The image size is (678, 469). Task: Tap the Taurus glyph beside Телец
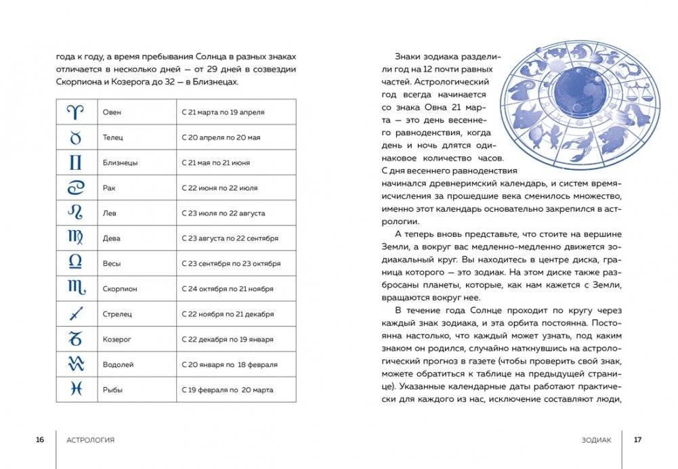[x=76, y=137]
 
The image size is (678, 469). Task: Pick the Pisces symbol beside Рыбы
[x=76, y=388]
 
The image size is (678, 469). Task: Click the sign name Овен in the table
[x=112, y=112]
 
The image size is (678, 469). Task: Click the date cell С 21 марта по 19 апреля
[x=223, y=112]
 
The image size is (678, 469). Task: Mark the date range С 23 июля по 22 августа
[x=224, y=213]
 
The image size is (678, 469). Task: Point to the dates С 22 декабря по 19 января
[x=228, y=339]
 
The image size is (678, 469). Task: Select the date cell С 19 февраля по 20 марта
[x=228, y=390]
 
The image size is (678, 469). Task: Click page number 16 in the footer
[x=40, y=440]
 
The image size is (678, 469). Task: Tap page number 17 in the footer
[x=637, y=440]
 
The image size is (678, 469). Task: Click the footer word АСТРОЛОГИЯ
[x=91, y=440]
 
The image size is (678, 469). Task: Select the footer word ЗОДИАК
[x=596, y=440]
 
